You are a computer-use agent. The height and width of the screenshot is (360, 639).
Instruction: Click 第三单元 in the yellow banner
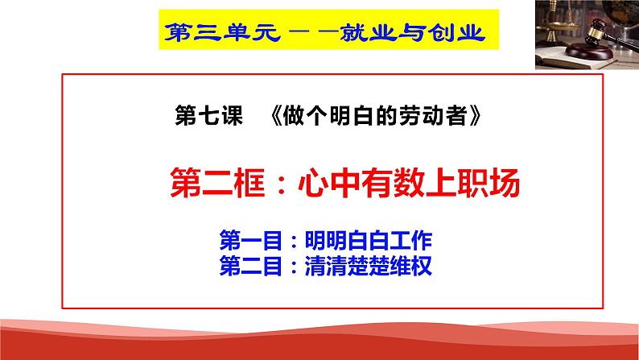pyautogui.click(x=222, y=32)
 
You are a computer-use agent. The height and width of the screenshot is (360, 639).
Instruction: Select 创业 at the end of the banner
pyautogui.click(x=456, y=32)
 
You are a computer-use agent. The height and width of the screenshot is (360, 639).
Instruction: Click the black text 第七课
pyautogui.click(x=208, y=116)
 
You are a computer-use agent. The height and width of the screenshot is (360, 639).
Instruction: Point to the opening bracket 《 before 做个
pyautogui.click(x=276, y=116)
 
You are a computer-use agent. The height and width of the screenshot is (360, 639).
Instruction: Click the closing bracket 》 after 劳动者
pyautogui.click(x=475, y=116)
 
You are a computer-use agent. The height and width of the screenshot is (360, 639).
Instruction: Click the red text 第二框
pyautogui.click(x=217, y=183)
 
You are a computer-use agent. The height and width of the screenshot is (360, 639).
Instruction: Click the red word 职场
pyautogui.click(x=489, y=183)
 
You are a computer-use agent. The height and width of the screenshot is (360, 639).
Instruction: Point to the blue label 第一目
pyautogui.click(x=250, y=241)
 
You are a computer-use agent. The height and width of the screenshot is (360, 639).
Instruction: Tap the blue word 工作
pyautogui.click(x=410, y=241)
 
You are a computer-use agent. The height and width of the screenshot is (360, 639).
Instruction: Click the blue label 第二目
pyautogui.click(x=250, y=266)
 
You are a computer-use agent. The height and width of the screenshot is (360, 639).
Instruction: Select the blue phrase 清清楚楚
pyautogui.click(x=347, y=266)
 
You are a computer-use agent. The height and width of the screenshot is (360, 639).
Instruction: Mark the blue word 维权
pyautogui.click(x=410, y=266)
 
